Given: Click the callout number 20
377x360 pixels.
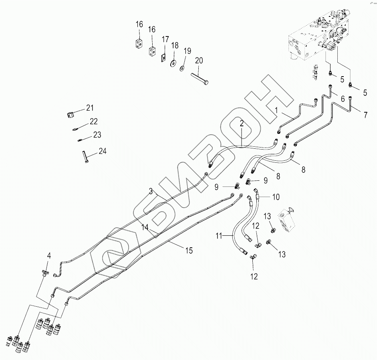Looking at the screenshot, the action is [199, 61].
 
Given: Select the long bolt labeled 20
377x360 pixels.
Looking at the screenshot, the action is [200, 79].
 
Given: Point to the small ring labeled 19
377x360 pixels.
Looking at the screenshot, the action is [182, 69].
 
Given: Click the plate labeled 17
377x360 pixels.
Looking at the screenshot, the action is [163, 58].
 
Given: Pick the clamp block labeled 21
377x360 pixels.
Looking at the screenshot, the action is [70, 115].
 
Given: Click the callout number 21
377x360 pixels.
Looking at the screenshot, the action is [90, 108].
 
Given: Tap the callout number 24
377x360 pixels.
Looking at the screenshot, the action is [103, 152].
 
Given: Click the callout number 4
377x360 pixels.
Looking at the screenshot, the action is [49, 256].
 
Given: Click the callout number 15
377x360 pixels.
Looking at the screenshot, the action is [189, 251].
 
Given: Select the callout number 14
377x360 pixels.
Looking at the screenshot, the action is [145, 227].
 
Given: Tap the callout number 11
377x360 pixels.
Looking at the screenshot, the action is [219, 236].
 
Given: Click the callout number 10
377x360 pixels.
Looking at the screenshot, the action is [276, 197].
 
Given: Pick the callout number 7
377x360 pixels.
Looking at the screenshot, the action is [365, 115].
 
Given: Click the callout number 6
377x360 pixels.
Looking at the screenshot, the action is [343, 99].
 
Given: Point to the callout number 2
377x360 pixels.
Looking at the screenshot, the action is [242, 123].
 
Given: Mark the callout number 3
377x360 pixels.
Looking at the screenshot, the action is [151, 191].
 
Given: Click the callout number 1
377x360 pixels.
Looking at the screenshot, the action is [276, 111].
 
